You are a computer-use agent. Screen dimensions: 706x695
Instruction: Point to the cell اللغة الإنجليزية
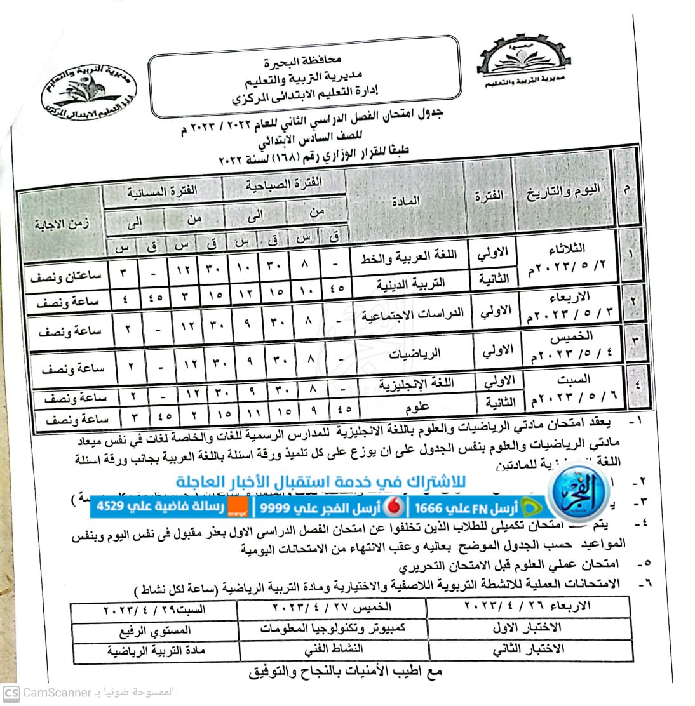pyautogui.click(x=416, y=383)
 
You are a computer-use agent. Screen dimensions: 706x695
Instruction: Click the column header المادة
pyautogui.click(x=404, y=201)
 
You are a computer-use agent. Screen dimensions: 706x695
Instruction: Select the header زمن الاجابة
pyautogui.click(x=62, y=223)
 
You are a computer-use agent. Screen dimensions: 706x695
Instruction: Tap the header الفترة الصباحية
pyautogui.click(x=284, y=184)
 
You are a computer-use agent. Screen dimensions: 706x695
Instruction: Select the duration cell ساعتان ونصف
pyautogui.click(x=69, y=276)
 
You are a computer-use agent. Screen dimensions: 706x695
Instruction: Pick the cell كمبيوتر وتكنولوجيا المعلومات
pyautogui.click(x=333, y=627)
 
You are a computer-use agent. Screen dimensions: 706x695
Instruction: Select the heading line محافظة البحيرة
pyautogui.click(x=303, y=63)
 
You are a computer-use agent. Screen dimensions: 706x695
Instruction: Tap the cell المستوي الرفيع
pyautogui.click(x=154, y=630)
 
